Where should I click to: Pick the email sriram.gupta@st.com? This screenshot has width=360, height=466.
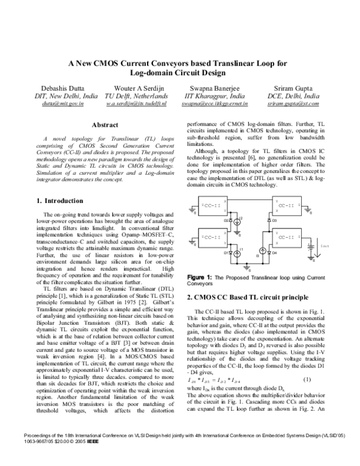pos(292,104)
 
